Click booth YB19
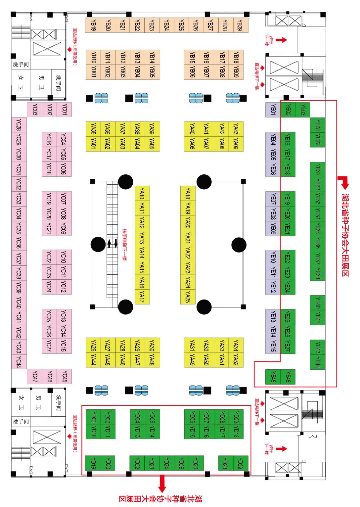[x=93, y=25]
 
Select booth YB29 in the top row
[x=240, y=25]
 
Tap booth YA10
[x=142, y=193]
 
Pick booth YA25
[x=188, y=296]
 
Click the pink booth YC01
[x=64, y=109]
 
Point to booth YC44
[x=19, y=362]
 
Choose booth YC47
[x=34, y=377]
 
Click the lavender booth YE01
[x=273, y=110]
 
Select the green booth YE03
[x=303, y=110]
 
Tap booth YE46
[x=288, y=377]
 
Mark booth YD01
[x=93, y=417]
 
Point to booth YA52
[x=236, y=360]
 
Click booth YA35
[x=93, y=129]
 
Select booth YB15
[x=192, y=57]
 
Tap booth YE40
[x=318, y=303]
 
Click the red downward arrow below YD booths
[x=162, y=483]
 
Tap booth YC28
[x=19, y=125]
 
